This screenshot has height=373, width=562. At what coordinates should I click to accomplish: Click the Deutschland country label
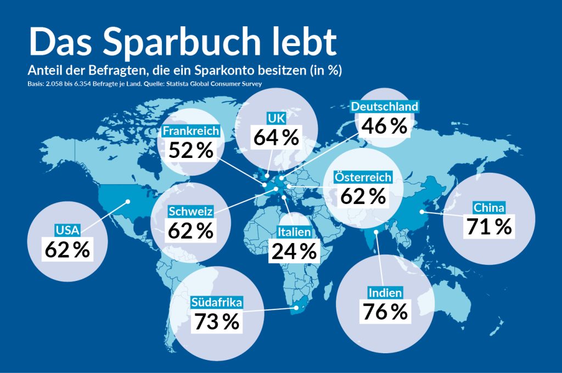[384, 106]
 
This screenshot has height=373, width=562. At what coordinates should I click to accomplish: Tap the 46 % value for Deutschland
[384, 126]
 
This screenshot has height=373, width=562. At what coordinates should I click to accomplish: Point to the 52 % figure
[190, 150]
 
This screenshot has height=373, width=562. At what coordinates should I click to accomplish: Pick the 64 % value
[276, 137]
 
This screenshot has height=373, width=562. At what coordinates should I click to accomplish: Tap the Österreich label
[363, 177]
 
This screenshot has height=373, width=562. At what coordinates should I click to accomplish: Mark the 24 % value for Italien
[294, 251]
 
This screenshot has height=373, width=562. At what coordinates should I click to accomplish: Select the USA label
[67, 230]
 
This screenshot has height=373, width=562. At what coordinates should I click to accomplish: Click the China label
[489, 207]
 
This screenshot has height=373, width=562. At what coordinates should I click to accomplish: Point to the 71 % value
[489, 227]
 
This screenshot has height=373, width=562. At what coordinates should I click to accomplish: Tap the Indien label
[385, 292]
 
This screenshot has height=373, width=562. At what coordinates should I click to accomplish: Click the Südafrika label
[217, 302]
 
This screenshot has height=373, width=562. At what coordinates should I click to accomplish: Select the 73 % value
[217, 321]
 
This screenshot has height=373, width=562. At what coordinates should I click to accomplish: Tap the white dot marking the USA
[128, 201]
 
